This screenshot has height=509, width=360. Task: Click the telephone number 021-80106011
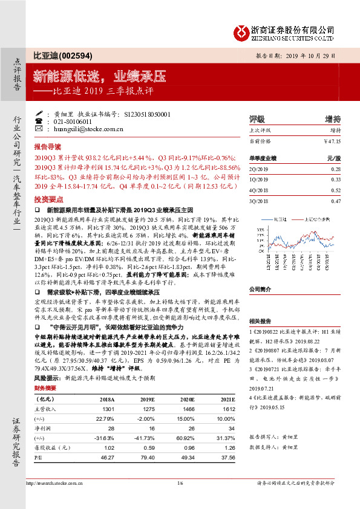(73, 121)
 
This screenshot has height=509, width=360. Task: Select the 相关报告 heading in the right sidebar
(260, 321)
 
